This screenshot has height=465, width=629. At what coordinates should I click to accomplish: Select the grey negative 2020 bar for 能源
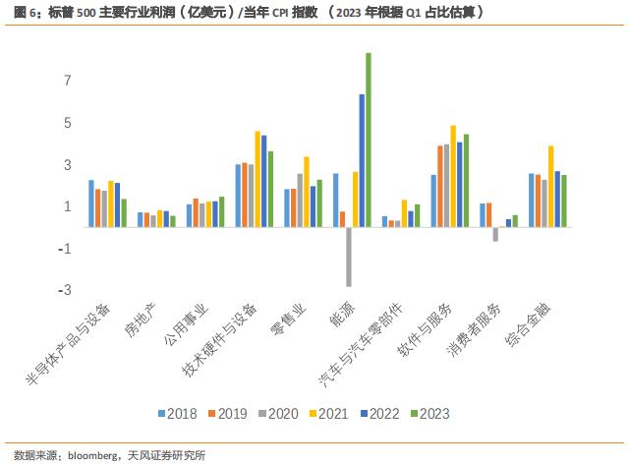click(x=349, y=257)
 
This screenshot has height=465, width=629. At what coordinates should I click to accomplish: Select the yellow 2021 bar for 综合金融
click(x=550, y=187)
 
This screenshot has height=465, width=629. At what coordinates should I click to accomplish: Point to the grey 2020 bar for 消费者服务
click(x=495, y=234)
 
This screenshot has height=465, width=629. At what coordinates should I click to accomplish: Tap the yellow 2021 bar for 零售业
click(x=307, y=192)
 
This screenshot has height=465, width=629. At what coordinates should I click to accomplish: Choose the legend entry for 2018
click(x=177, y=414)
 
